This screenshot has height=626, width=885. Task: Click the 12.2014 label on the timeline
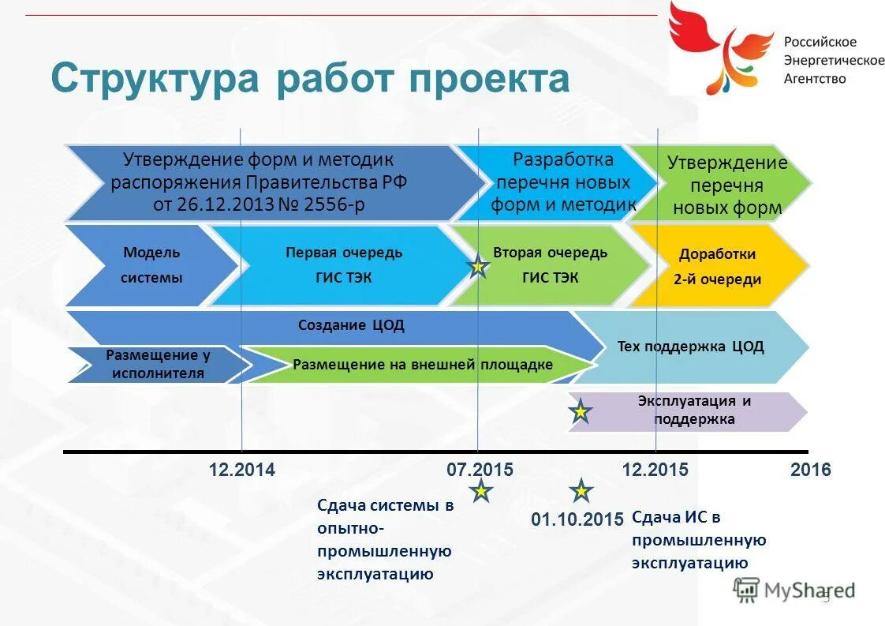pos(241,470)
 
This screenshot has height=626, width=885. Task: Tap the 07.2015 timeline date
pos(480,470)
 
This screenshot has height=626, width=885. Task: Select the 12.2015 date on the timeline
pos(655,470)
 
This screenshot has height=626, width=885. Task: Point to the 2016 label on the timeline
pos(810,470)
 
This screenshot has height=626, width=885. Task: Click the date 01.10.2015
pos(577,519)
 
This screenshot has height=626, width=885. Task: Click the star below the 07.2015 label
pos(480,492)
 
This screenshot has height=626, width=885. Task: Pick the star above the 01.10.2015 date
pos(581,491)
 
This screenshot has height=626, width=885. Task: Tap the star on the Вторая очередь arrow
pos(477,268)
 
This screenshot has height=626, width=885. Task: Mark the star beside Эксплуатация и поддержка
pos(580,411)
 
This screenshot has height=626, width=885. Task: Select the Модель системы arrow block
pos(151,265)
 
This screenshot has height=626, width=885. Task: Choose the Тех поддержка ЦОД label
pos(690,346)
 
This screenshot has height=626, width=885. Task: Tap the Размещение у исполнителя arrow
pos(158,365)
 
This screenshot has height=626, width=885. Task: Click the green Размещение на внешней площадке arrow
pos(422,365)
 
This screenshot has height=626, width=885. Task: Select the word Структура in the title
pos(155,80)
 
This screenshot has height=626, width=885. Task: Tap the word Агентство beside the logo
pos(814,78)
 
